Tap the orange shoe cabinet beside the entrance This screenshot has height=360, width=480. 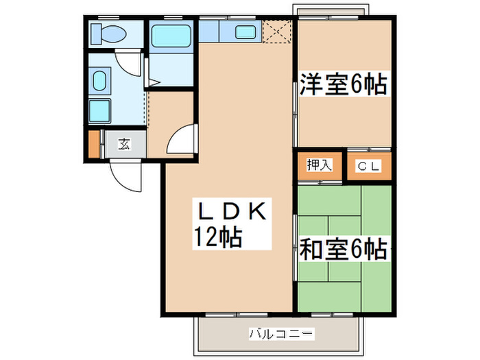click(x=94, y=143)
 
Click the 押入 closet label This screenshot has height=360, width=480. click(x=319, y=165)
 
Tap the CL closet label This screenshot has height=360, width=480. click(x=369, y=166)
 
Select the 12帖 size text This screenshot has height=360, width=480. click(x=217, y=238)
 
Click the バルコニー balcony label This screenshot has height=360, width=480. click(x=280, y=334)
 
